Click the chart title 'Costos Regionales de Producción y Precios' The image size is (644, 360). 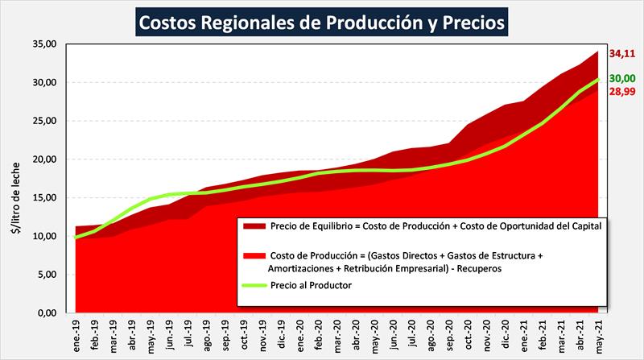click(322, 23)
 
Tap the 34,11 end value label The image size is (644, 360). click(621, 55)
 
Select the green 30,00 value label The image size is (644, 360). click(621, 79)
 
